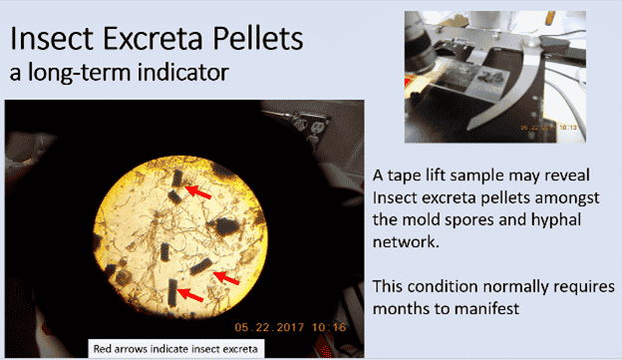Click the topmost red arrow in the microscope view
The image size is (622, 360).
click(x=199, y=189)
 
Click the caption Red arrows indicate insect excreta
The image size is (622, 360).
click(x=174, y=349)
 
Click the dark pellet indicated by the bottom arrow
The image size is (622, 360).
click(x=173, y=294)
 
